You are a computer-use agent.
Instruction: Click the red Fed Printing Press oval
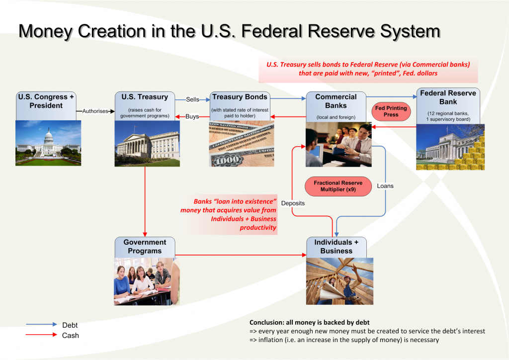[391, 111]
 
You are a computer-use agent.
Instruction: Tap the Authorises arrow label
[95, 111]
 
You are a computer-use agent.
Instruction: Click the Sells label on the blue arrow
[192, 99]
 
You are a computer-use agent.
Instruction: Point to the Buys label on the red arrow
[192, 116]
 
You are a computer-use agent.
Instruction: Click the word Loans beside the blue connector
[385, 186]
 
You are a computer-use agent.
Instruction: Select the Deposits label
[293, 203]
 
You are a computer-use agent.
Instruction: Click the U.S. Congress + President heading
[49, 101]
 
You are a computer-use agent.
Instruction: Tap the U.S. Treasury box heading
[145, 97]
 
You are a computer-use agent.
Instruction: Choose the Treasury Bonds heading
[240, 97]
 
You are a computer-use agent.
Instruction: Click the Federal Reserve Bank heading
[448, 97]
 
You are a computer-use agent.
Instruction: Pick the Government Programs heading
[145, 247]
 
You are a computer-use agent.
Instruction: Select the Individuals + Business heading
[337, 247]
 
